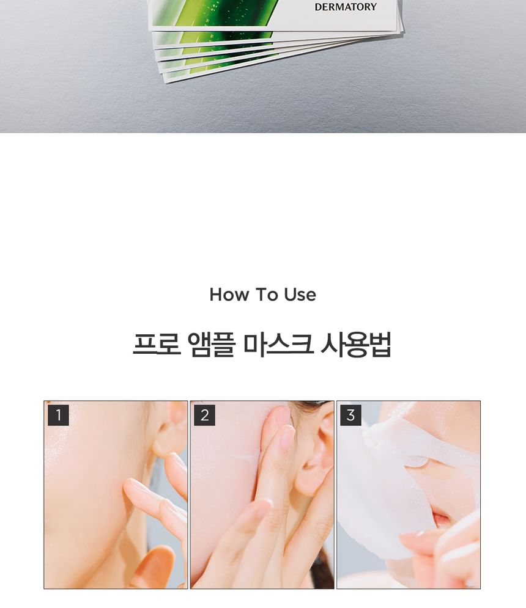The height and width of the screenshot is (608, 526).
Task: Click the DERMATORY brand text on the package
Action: [x=345, y=7]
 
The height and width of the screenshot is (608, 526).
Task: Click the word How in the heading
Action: [x=229, y=295]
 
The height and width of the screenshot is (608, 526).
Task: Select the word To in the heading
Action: [x=266, y=295]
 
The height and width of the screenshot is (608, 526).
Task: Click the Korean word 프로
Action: [x=157, y=344]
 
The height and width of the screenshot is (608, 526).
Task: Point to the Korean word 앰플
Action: [x=211, y=344]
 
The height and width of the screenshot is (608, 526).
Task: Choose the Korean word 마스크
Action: [x=278, y=344]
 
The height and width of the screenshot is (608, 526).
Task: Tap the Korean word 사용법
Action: [x=355, y=344]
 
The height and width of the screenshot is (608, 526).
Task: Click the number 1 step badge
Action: [x=58, y=416]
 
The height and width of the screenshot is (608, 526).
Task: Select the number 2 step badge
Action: [x=204, y=416]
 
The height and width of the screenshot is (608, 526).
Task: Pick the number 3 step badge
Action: [x=350, y=416]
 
